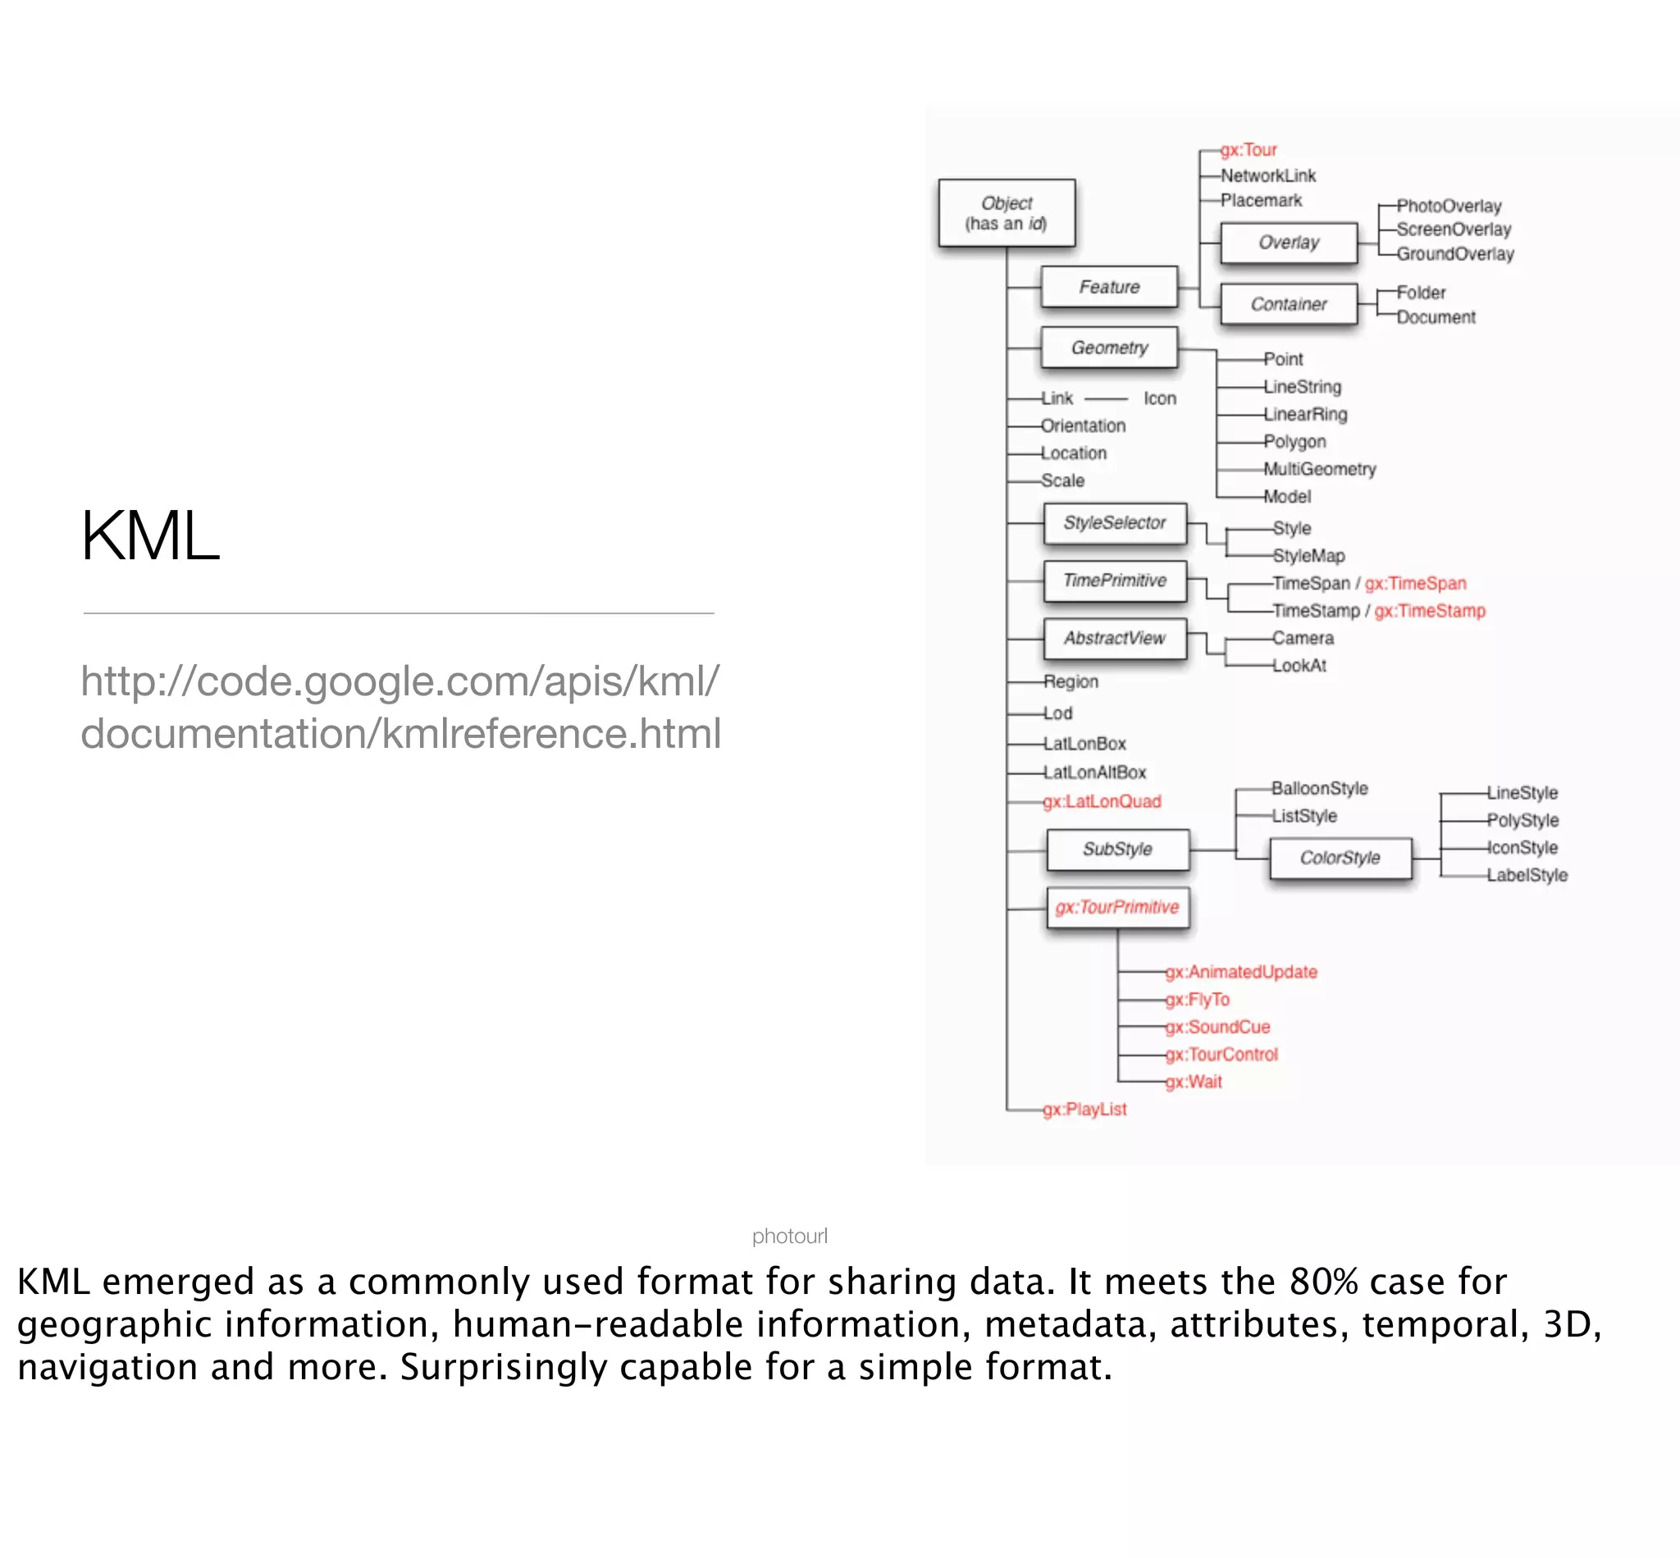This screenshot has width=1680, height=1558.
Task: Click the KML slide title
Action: (x=150, y=536)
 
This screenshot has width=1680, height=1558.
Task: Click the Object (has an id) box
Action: (x=1007, y=213)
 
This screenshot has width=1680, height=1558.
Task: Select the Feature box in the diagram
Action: (x=1109, y=288)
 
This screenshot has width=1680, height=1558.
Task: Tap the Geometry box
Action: (x=1109, y=348)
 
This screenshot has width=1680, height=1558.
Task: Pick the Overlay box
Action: (x=1289, y=243)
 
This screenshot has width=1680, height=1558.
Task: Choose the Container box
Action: (x=1289, y=304)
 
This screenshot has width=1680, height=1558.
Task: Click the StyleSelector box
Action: (x=1114, y=523)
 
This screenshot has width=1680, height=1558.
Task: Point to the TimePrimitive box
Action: (x=1114, y=581)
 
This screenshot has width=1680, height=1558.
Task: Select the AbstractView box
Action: (x=1114, y=639)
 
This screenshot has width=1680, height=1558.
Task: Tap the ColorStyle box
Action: (x=1340, y=859)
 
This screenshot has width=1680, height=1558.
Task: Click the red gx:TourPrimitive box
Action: (x=1117, y=908)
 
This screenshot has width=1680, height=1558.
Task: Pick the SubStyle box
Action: (x=1117, y=850)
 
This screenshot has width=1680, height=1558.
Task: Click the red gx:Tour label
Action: (x=1249, y=150)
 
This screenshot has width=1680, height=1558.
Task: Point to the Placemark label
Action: (x=1261, y=201)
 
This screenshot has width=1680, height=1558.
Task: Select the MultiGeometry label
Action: (x=1319, y=470)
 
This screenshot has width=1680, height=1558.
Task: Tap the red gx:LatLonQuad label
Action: (x=1102, y=802)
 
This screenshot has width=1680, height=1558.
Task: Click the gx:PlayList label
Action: (x=1084, y=1109)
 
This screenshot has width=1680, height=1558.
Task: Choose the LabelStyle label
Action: (x=1527, y=876)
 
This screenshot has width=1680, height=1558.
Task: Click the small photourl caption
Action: (x=789, y=1237)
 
